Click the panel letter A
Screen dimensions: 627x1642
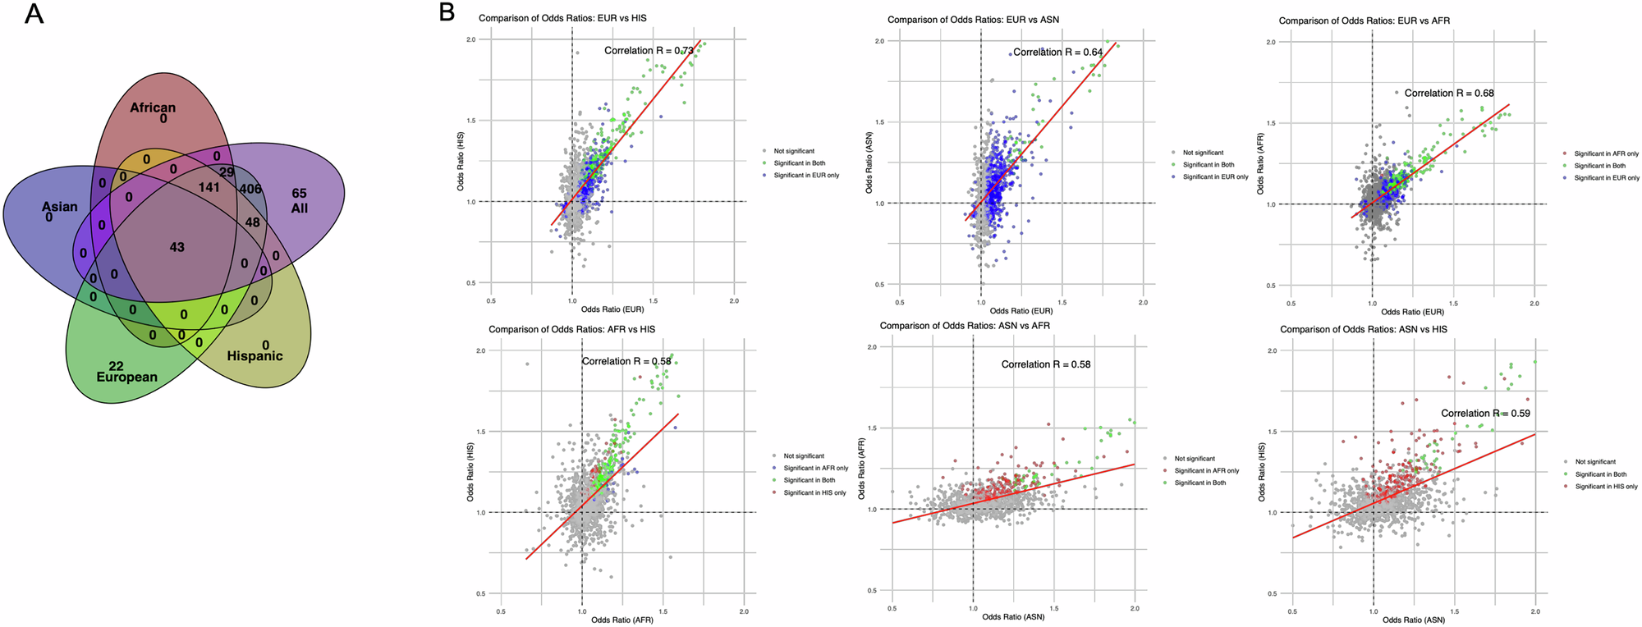(34, 14)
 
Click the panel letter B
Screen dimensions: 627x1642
(446, 12)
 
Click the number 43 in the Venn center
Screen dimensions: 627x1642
(177, 247)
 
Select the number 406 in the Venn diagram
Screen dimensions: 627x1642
(250, 190)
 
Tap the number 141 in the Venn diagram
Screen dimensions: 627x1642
(209, 188)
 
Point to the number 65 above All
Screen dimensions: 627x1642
(299, 194)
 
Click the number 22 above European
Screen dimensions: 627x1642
(116, 365)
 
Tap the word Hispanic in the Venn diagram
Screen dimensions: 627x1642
(255, 356)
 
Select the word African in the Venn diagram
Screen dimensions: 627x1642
(153, 108)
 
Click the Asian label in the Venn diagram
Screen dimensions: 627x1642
(60, 207)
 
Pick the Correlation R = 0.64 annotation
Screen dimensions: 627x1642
(1057, 53)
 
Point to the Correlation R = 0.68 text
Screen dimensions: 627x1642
(1449, 94)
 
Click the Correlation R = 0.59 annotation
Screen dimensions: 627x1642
(1485, 414)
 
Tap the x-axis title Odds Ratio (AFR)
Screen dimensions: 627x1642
(621, 620)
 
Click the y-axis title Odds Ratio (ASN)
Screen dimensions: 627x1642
(869, 176)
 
